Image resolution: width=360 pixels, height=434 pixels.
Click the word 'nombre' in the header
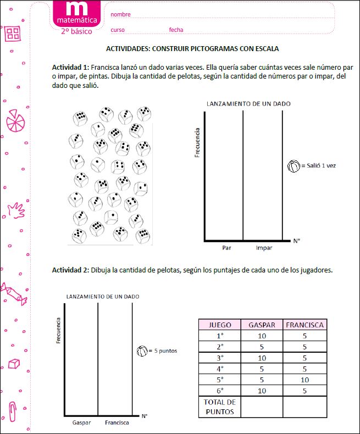click(120, 14)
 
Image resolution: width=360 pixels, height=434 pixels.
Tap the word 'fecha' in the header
click(176, 30)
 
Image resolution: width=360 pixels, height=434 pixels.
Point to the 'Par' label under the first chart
click(226, 248)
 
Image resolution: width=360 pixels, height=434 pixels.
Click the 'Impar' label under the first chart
click(264, 248)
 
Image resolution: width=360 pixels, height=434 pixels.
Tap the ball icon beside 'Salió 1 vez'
click(294, 165)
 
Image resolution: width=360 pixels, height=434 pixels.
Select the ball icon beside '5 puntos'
click(141, 350)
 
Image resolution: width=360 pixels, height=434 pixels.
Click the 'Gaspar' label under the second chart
click(81, 422)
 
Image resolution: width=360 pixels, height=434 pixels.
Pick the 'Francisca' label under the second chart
click(117, 422)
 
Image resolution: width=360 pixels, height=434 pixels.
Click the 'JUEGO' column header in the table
click(220, 325)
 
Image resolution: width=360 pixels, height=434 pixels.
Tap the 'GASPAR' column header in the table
click(262, 325)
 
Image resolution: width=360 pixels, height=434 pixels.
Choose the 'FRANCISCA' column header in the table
click(304, 325)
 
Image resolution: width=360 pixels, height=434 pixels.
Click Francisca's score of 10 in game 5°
click(304, 380)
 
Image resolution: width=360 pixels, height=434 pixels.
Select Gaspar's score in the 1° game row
click(262, 336)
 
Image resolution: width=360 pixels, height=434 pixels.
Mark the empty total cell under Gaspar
click(262, 407)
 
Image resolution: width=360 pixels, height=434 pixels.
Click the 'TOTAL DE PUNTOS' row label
click(220, 407)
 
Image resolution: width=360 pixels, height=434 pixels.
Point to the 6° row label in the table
click(220, 391)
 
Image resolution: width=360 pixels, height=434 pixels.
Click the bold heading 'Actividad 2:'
click(70, 270)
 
